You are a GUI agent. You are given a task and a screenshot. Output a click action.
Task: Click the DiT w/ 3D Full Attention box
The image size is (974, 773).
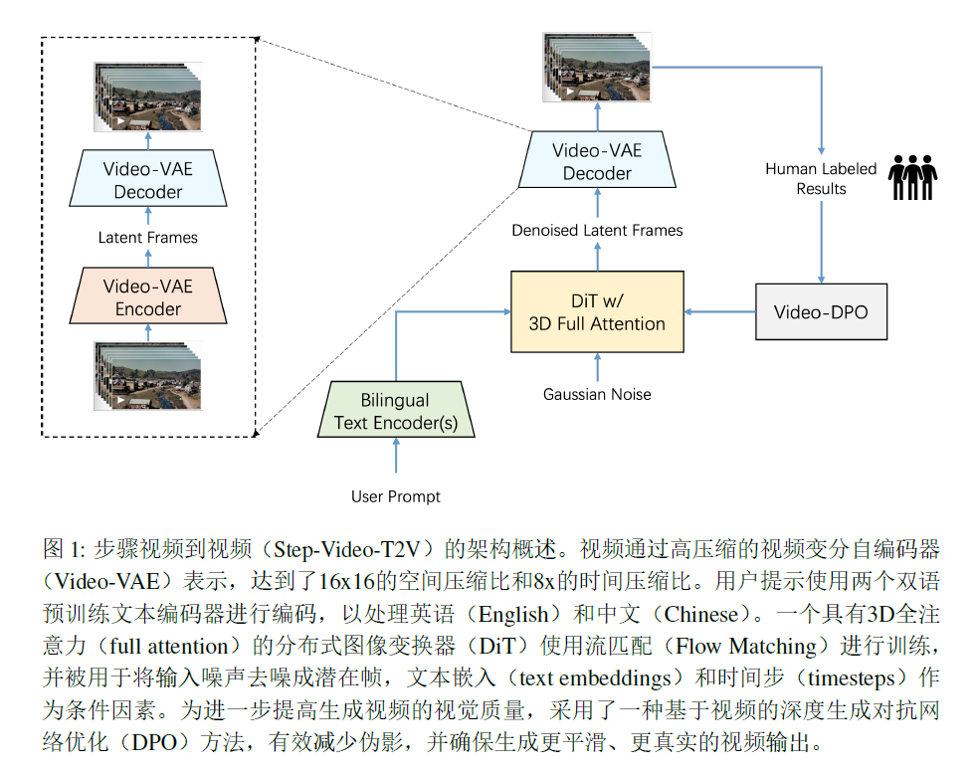597,311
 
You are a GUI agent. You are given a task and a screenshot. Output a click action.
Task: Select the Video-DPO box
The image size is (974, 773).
821,311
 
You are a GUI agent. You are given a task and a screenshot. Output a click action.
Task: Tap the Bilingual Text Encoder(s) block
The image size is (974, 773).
396,411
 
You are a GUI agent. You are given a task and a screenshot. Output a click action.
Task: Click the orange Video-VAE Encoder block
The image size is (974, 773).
148,297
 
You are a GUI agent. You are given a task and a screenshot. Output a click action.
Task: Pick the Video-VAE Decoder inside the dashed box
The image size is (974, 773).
148,180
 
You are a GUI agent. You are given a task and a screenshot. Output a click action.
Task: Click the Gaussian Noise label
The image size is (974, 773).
597,394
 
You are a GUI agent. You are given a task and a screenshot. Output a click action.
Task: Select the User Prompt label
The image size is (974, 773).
396,496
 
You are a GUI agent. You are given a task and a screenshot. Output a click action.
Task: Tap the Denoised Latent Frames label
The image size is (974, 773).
597,230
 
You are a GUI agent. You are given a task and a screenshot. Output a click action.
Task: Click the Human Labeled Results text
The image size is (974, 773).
821,178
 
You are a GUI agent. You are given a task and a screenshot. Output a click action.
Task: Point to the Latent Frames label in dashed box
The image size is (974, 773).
148,238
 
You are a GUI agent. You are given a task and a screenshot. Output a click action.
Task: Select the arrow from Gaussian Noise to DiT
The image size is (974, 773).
597,367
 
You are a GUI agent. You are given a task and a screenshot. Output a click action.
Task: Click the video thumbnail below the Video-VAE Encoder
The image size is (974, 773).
148,375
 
